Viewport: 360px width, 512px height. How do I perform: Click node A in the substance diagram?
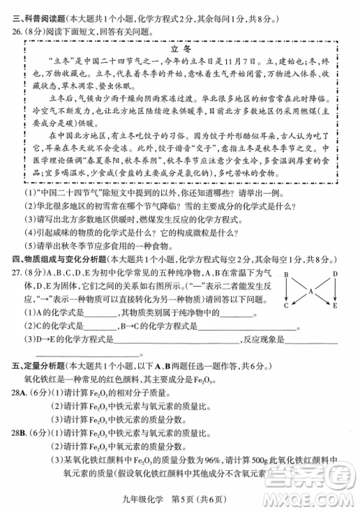311,291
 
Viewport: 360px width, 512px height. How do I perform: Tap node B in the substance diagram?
286,275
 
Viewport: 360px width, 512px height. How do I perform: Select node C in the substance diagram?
286,306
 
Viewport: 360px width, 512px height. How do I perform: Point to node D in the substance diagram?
336,275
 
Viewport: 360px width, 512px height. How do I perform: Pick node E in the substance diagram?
336,306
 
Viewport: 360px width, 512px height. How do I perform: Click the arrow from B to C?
286,291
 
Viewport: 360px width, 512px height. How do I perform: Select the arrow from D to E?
336,291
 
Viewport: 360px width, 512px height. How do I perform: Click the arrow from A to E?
323,299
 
